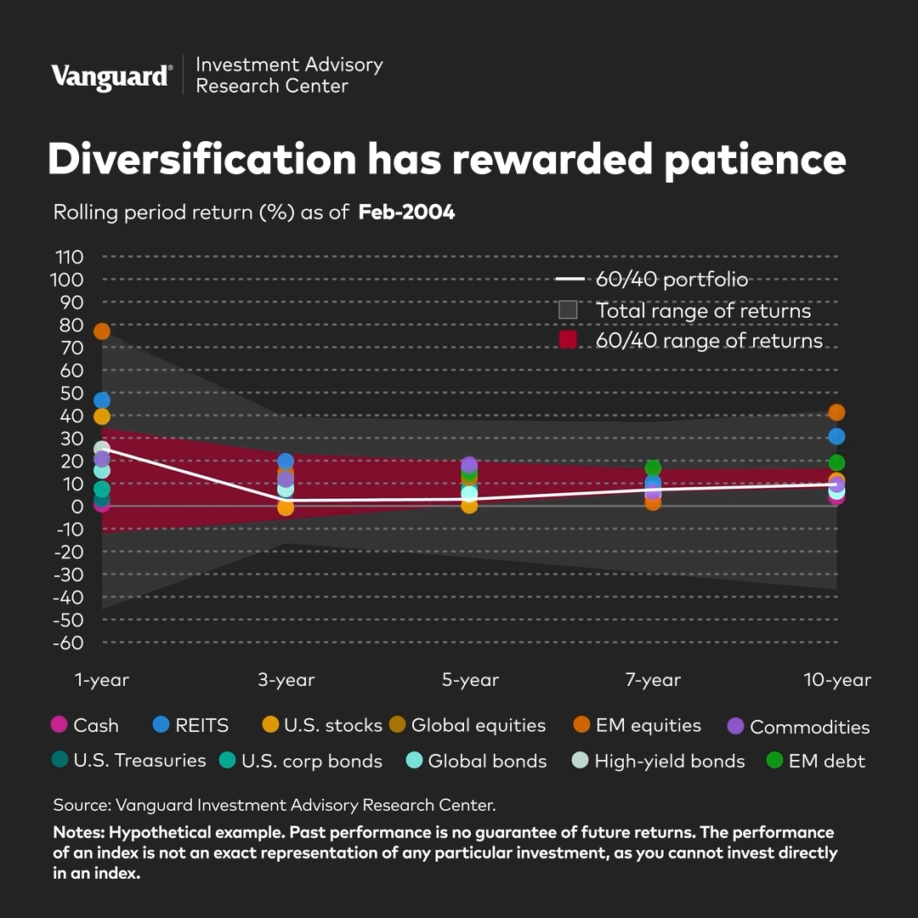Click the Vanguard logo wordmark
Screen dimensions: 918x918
(110, 76)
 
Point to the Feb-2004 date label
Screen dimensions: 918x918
(406, 212)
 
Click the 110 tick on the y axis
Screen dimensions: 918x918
(69, 257)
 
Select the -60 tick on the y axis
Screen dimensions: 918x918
(69, 643)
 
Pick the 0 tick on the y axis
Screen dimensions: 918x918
(77, 507)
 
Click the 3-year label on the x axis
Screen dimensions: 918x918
(286, 680)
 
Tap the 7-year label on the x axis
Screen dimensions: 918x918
(653, 680)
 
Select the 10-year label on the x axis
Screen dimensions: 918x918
(837, 680)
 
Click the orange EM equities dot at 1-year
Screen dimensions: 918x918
(102, 331)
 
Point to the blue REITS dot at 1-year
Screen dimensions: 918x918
(102, 400)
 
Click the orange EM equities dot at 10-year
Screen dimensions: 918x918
(836, 412)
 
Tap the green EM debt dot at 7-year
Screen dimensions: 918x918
(653, 468)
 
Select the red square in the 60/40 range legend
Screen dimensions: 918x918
(568, 340)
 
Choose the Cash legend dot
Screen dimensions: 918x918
(59, 725)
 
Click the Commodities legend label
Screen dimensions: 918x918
(809, 727)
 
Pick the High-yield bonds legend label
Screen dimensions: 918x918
(670, 761)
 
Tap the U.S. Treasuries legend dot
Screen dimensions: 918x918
(59, 760)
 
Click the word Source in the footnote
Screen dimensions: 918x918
(81, 804)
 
